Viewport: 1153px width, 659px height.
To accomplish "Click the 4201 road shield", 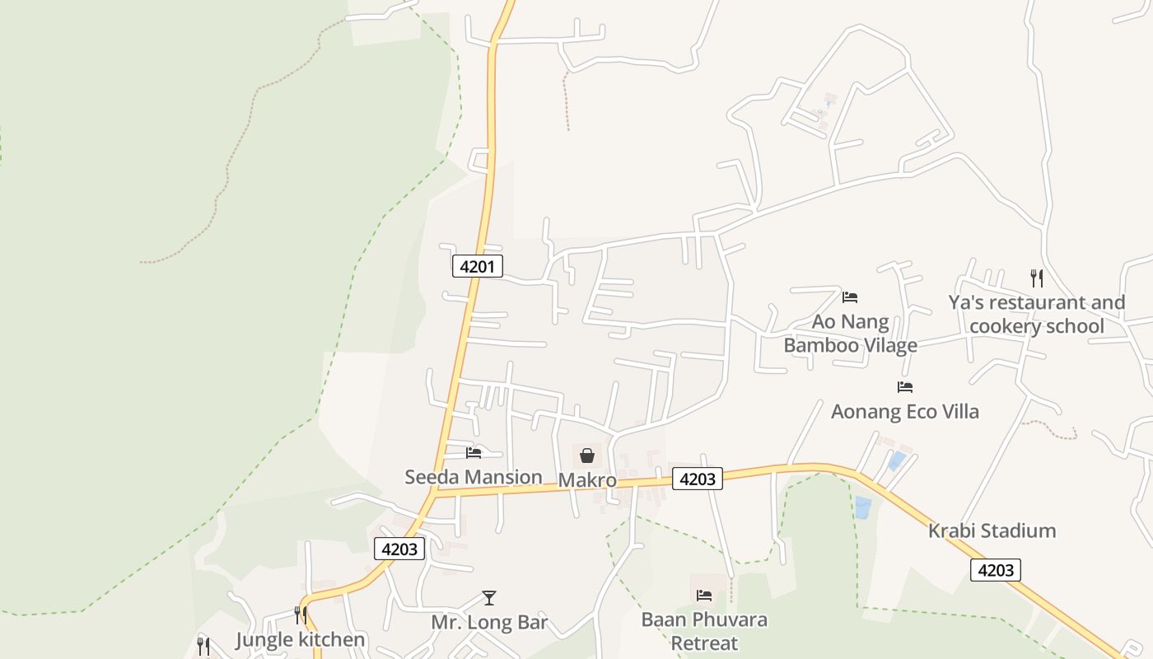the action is pyautogui.click(x=477, y=266).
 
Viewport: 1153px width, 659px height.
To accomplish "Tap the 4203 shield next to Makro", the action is pyautogui.click(x=697, y=479).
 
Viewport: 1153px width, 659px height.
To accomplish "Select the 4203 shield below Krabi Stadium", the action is pyautogui.click(x=995, y=570).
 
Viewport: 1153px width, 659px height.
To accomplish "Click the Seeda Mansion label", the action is pyautogui.click(x=474, y=477).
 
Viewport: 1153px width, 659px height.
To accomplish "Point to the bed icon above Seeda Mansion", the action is pyautogui.click(x=474, y=452).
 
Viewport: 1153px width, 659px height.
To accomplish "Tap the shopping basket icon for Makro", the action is pyautogui.click(x=587, y=455).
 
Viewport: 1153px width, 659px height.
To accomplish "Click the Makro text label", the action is pyautogui.click(x=587, y=479).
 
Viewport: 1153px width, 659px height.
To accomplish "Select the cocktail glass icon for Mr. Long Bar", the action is pyautogui.click(x=489, y=598).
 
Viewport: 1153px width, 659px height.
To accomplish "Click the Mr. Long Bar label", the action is pyautogui.click(x=489, y=623).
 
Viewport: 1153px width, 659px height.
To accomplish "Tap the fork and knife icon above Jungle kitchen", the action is pyautogui.click(x=300, y=615).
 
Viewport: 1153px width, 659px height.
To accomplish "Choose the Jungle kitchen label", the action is pyautogui.click(x=300, y=640).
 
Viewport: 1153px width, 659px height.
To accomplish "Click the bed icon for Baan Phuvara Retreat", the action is pyautogui.click(x=704, y=595).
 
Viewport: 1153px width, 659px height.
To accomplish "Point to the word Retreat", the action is pyautogui.click(x=704, y=643).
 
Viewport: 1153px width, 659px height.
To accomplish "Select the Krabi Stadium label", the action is pyautogui.click(x=992, y=530).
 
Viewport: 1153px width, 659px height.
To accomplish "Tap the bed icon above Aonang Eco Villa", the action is pyautogui.click(x=905, y=386).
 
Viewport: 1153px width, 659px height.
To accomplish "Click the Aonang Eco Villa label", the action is pyautogui.click(x=905, y=411).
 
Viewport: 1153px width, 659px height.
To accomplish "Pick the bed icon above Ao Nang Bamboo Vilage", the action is pyautogui.click(x=850, y=297).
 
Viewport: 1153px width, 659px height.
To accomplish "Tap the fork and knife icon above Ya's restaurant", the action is pyautogui.click(x=1036, y=278).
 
